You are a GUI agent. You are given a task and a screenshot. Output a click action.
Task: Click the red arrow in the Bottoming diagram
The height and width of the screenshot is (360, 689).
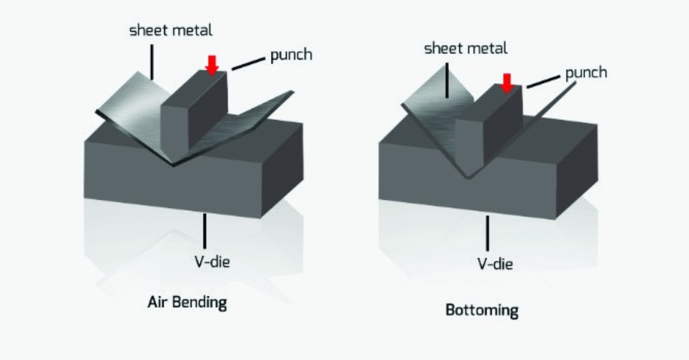(x=506, y=83)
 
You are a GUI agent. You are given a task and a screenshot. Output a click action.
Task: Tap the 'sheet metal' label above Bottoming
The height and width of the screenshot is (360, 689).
(x=466, y=48)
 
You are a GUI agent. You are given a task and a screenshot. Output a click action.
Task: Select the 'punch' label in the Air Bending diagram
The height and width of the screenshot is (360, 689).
(x=291, y=56)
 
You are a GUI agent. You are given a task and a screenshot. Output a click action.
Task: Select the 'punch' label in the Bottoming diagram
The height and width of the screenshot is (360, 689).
(x=586, y=73)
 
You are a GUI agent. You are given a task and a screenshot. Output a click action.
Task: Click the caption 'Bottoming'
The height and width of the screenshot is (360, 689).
(x=482, y=311)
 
